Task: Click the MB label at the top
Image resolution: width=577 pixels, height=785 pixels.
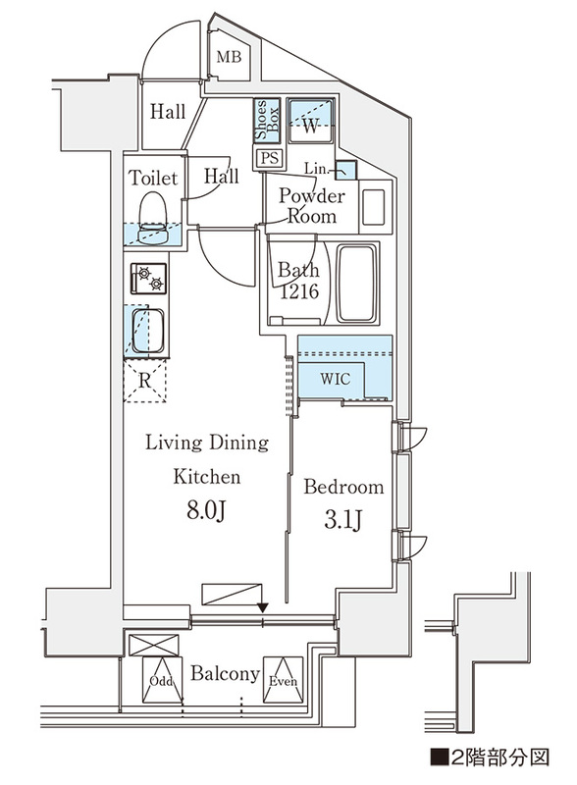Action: click(x=229, y=58)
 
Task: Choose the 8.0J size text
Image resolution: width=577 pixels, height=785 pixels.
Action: click(x=207, y=511)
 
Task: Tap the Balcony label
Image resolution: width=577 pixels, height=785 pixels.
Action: click(x=225, y=675)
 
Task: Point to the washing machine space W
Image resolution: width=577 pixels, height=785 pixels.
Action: click(x=311, y=125)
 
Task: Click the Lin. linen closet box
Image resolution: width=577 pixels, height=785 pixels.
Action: click(x=346, y=172)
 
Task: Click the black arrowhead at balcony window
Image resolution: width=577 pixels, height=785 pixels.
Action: click(x=263, y=607)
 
